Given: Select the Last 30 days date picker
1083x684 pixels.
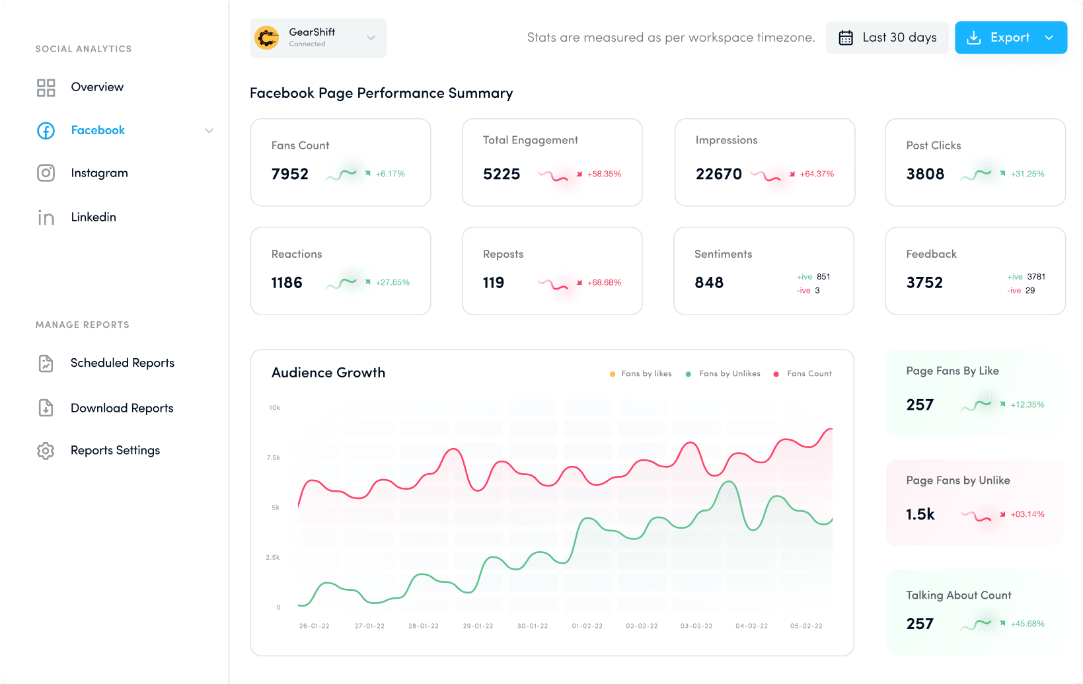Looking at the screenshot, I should point(887,38).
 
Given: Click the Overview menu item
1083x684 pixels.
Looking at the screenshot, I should point(97,87).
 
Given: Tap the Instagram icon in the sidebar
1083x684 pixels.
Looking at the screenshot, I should point(46,173).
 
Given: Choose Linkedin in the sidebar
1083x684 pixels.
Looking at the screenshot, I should point(93,217).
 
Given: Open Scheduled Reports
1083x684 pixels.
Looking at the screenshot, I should point(122,363).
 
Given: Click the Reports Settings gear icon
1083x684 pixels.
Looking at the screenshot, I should point(46,451).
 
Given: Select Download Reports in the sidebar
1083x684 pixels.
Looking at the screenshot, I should point(122,408).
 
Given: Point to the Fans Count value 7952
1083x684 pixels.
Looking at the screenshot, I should point(289,174).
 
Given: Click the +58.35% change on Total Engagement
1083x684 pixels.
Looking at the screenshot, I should point(604,174).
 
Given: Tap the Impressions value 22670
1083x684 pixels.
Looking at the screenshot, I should point(718,174).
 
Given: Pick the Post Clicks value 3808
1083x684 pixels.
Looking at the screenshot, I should point(925,174).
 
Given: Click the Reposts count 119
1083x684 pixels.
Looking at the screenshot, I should point(493,283).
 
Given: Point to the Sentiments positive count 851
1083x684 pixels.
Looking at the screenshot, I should point(823,277).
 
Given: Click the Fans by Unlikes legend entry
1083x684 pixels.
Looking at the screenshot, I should point(729,374).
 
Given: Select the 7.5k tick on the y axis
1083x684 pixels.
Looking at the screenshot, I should point(274,457).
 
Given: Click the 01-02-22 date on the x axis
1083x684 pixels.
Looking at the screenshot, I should point(587,626).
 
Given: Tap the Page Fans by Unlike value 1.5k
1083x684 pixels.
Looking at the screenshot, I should point(920,514).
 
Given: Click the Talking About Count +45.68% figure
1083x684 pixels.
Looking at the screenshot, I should point(1027,624).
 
